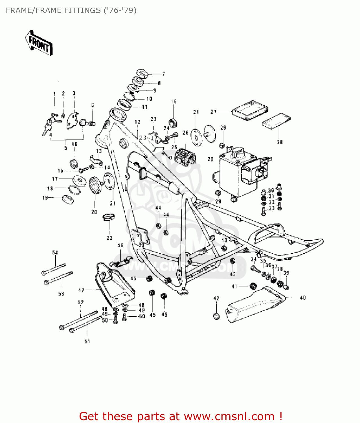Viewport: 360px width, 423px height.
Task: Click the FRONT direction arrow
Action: pyautogui.click(x=39, y=43)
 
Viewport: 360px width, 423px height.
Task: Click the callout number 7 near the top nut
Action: pyautogui.click(x=163, y=74)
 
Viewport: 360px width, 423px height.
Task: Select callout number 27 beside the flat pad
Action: pyautogui.click(x=213, y=112)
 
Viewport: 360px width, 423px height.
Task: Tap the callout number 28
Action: pyautogui.click(x=280, y=142)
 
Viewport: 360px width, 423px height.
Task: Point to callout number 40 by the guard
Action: pyautogui.click(x=303, y=298)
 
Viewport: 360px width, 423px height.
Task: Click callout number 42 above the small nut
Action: pyautogui.click(x=216, y=298)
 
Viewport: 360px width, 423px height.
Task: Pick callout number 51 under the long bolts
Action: pyautogui.click(x=87, y=342)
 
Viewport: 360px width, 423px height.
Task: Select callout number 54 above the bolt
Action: pyautogui.click(x=55, y=253)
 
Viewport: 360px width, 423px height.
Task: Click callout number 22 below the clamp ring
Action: pyautogui.click(x=109, y=238)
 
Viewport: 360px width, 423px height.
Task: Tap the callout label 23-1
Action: pyautogui.click(x=146, y=138)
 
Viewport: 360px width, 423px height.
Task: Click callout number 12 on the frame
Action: pyautogui.click(x=137, y=122)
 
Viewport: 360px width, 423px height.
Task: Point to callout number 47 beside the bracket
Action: pyautogui.click(x=81, y=290)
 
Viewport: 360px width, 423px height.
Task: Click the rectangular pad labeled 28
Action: pyautogui.click(x=276, y=121)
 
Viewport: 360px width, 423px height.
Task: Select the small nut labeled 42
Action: pyautogui.click(x=216, y=316)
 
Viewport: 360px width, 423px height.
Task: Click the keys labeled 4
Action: pyautogui.click(x=48, y=127)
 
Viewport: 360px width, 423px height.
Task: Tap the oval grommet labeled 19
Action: pyautogui.click(x=68, y=199)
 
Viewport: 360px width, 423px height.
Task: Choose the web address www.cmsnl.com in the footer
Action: pyautogui.click(x=229, y=417)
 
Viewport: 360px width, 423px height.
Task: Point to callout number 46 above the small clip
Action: pyautogui.click(x=120, y=245)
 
